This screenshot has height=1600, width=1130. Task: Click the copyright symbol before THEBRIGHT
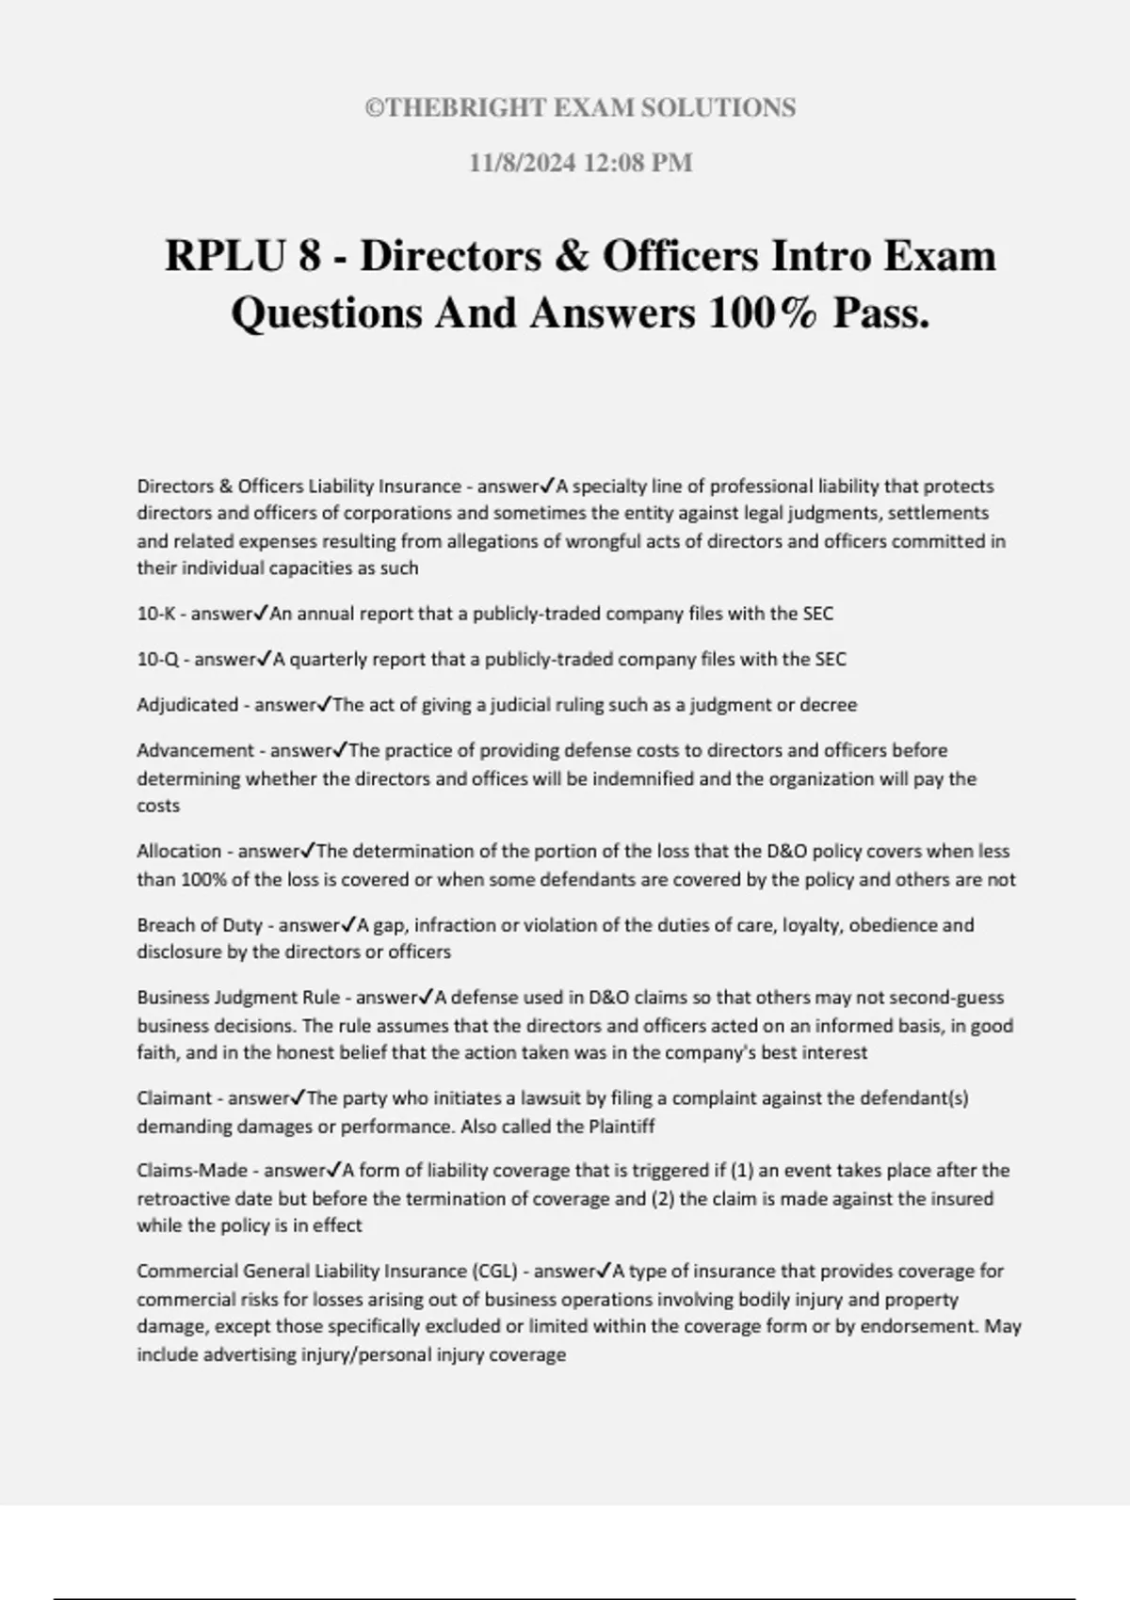[x=373, y=108]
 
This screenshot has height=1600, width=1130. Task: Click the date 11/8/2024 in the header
[x=523, y=163]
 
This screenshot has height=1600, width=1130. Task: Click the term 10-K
[x=155, y=615]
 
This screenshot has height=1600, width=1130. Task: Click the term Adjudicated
[x=187, y=705]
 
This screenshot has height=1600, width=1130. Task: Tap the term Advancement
[x=195, y=751]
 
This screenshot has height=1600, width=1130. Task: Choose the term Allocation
[x=179, y=852]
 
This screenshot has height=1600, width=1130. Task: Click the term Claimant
[x=174, y=1098]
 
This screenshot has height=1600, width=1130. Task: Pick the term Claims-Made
[x=192, y=1171]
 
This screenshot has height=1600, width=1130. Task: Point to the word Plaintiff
[x=621, y=1127]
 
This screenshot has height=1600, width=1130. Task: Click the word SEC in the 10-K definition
[x=817, y=615]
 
